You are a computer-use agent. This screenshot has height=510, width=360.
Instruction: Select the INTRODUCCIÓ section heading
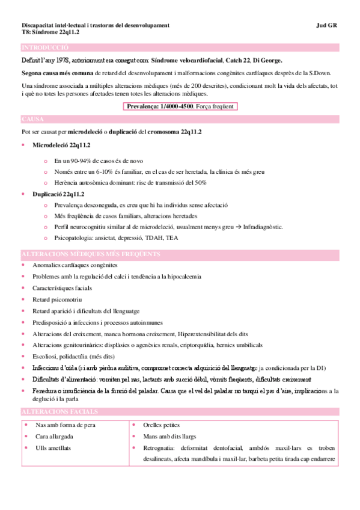click(45, 48)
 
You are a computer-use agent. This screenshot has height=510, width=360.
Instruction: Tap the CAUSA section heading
click(32, 119)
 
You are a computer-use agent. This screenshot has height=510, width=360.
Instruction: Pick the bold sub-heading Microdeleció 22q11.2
click(61, 146)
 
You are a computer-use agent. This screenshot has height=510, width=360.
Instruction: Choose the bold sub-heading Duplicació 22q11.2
click(58, 194)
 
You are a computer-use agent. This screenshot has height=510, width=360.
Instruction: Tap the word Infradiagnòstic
click(261, 227)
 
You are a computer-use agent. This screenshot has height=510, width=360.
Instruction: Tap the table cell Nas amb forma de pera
click(66, 408)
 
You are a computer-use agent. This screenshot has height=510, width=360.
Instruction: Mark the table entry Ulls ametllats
click(55, 431)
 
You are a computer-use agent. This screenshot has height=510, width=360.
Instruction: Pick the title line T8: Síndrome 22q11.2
click(50, 32)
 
